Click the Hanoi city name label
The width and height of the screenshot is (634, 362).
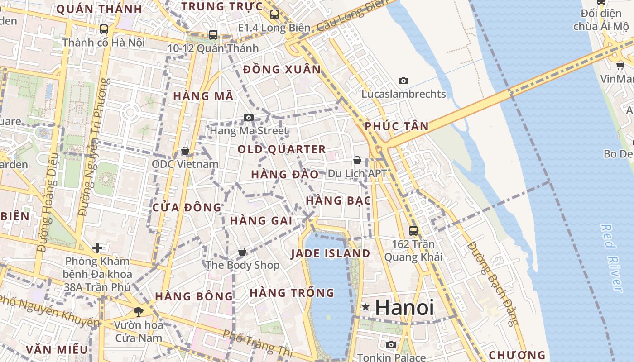(x=404, y=308)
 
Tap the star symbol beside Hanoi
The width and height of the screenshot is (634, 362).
(x=365, y=308)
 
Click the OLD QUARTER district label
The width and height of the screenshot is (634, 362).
(x=282, y=149)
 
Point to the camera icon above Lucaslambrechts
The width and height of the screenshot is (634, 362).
(x=403, y=81)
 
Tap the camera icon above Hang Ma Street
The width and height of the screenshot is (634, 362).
(x=248, y=118)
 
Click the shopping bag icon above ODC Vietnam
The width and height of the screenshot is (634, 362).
(x=185, y=151)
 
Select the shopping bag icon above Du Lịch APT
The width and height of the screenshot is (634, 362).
(x=357, y=160)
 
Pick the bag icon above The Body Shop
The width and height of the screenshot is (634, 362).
(x=242, y=252)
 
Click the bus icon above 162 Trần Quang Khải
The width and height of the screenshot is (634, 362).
(x=413, y=230)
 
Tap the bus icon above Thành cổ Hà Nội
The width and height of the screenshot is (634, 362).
(x=104, y=29)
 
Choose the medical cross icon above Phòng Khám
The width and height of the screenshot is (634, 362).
(x=97, y=248)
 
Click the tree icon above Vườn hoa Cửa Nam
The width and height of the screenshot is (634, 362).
(x=138, y=311)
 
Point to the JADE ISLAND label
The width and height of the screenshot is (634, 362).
(x=331, y=253)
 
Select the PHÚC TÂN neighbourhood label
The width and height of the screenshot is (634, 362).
(x=397, y=126)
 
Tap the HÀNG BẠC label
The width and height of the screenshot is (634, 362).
(x=339, y=200)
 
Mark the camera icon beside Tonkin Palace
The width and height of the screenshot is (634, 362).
(x=391, y=345)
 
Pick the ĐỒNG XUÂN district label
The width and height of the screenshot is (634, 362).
(x=282, y=70)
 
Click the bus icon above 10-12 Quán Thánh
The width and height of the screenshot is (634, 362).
(x=213, y=34)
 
